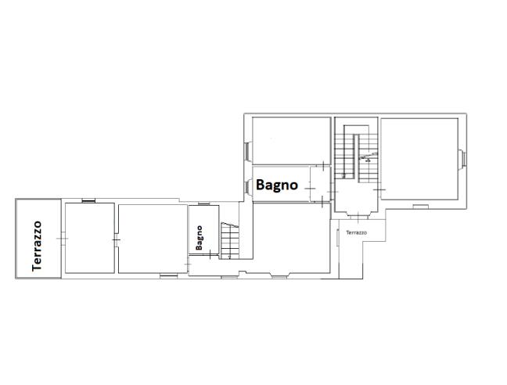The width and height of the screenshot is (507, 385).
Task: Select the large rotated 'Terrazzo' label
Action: pyautogui.click(x=37, y=245)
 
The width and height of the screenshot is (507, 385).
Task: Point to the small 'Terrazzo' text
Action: pyautogui.click(x=356, y=232)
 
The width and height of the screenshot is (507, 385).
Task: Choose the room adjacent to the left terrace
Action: pyautogui.click(x=88, y=237)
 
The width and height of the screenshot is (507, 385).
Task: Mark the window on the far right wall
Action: pyautogui.click(x=462, y=159)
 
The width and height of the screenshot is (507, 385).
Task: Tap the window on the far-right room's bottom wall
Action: pyautogui.click(x=421, y=207)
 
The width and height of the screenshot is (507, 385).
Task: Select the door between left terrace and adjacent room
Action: pyautogui.click(x=63, y=237)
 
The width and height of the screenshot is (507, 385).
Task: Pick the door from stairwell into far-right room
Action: pyautogui.click(x=379, y=189)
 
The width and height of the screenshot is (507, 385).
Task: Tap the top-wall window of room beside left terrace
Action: pyautogui.click(x=88, y=200)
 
